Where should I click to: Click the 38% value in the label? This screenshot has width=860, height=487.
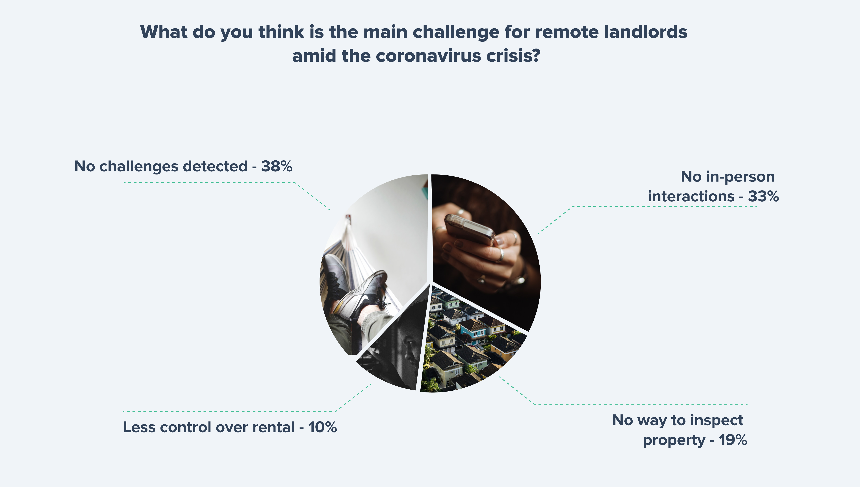pos(277,166)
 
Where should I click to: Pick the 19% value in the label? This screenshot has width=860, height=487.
pos(733,440)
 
